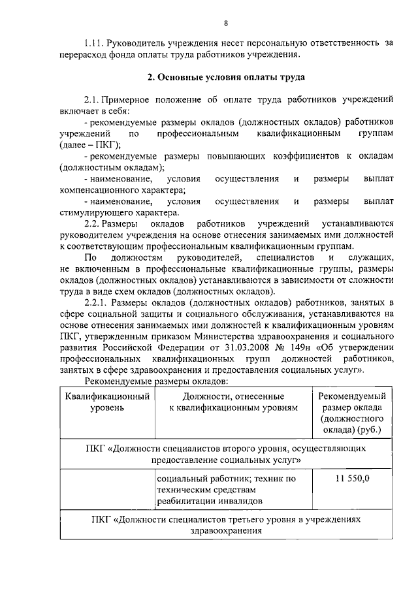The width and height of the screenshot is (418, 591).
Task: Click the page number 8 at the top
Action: [226, 24]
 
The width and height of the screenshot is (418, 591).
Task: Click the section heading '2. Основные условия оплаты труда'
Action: [225, 77]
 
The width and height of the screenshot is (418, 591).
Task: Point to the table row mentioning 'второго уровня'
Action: [225, 454]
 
